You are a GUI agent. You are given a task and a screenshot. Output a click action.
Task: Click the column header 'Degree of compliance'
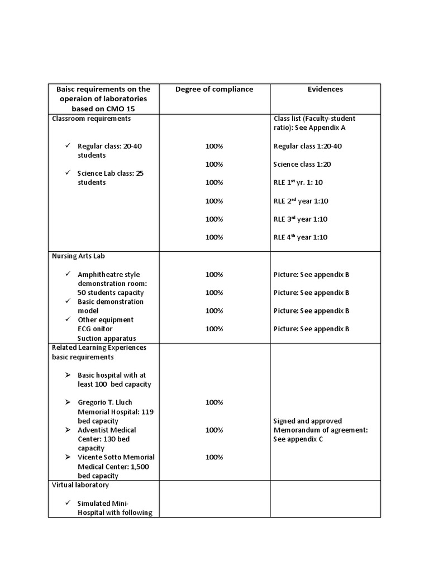click(214, 89)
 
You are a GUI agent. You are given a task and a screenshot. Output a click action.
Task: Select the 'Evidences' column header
click(325, 89)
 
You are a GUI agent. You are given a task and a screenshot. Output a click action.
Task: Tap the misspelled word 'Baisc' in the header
click(66, 89)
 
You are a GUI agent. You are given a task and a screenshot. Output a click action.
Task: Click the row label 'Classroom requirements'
click(92, 119)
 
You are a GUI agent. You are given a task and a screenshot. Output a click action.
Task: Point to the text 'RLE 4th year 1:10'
click(301, 237)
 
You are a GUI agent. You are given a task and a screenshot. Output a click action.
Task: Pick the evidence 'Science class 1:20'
click(302, 165)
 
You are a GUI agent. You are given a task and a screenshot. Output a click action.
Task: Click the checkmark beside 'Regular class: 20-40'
click(67, 145)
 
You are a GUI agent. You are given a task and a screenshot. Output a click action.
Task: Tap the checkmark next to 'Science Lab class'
click(67, 173)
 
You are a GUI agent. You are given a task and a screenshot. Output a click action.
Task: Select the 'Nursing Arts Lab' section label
click(79, 256)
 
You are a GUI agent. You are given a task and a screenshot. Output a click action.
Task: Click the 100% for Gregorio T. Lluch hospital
click(214, 402)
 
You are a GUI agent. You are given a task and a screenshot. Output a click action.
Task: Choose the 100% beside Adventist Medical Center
click(214, 430)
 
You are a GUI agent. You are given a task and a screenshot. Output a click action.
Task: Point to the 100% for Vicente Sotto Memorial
click(214, 457)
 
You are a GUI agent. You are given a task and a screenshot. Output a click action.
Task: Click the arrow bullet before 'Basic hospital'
click(67, 375)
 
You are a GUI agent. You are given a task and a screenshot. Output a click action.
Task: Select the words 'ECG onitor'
click(95, 329)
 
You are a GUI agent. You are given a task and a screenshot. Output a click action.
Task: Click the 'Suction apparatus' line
click(106, 338)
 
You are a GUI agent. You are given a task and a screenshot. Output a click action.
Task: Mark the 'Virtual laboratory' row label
click(80, 485)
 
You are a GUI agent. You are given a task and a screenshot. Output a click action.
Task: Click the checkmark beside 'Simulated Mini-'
click(67, 503)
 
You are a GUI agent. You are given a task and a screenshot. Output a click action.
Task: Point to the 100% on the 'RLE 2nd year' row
click(214, 201)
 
